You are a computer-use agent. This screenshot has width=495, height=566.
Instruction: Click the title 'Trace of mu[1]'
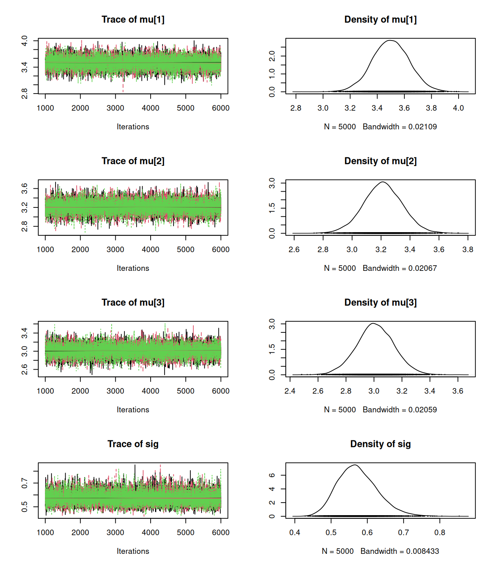pos(133,20)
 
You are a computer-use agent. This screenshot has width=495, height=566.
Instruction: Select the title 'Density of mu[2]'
pos(380,161)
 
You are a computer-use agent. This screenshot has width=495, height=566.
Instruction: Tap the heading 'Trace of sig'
pos(133,444)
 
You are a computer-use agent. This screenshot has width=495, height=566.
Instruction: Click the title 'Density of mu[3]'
pos(380,303)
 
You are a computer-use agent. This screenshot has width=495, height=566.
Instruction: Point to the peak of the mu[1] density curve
pos(390,41)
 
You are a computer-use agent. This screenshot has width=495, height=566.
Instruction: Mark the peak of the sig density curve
pos(355,465)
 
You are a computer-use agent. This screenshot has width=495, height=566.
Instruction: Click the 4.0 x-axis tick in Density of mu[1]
pos(459,108)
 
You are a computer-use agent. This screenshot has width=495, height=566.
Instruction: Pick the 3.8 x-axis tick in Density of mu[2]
pos(468,249)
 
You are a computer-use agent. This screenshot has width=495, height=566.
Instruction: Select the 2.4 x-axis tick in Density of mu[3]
pos(290,391)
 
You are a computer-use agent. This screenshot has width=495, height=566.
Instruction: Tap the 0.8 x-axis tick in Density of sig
pos(440,532)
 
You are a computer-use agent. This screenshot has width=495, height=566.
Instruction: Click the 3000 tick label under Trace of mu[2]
pos(115,249)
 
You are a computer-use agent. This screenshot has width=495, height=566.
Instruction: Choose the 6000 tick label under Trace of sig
pos(221,532)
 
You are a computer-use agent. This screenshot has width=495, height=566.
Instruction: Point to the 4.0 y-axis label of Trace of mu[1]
pos(24,41)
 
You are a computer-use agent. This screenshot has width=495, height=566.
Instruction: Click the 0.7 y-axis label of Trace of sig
pos(24,483)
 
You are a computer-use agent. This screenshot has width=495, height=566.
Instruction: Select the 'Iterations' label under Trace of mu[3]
pos(133,410)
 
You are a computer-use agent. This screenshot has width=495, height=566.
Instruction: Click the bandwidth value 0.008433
pos(422,551)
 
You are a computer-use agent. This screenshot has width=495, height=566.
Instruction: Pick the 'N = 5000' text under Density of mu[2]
pos(340,268)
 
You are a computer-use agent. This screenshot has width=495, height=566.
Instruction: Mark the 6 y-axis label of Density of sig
pos(272,475)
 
